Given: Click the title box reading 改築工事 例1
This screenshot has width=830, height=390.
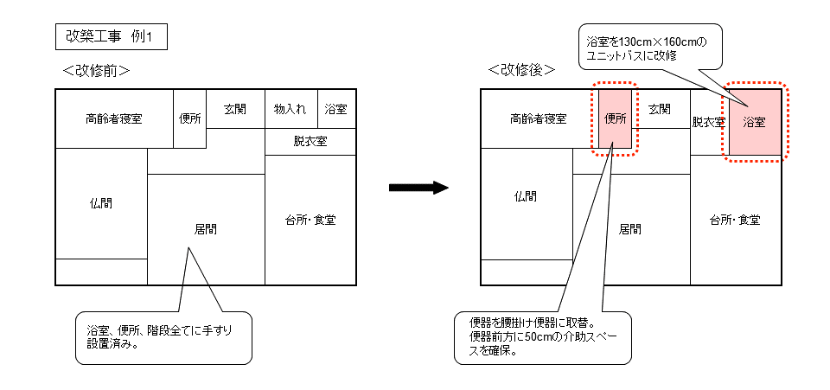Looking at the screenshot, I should pyautogui.click(x=108, y=37).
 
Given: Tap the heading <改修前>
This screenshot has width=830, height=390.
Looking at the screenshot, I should pyautogui.click(x=96, y=70).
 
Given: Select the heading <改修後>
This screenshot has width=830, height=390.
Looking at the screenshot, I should pyautogui.click(x=520, y=70).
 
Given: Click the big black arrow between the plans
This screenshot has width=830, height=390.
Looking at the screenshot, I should pyautogui.click(x=418, y=188).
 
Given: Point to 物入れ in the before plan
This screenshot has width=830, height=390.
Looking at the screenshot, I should pyautogui.click(x=290, y=110).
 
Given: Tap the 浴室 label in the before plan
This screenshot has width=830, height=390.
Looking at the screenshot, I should pyautogui.click(x=336, y=110).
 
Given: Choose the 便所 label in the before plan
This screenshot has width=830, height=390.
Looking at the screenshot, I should pyautogui.click(x=190, y=118).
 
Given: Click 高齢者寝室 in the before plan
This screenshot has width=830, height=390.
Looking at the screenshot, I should pyautogui.click(x=113, y=118).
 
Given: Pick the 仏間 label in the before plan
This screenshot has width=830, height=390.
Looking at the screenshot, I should pyautogui.click(x=100, y=204).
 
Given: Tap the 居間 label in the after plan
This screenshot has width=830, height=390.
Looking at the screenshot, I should pyautogui.click(x=630, y=229).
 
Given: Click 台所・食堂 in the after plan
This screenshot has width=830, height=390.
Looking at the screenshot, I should pyautogui.click(x=735, y=220).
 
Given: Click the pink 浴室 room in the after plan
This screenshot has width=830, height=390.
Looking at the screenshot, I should pyautogui.click(x=755, y=122).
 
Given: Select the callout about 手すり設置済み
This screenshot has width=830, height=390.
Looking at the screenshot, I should pyautogui.click(x=164, y=337).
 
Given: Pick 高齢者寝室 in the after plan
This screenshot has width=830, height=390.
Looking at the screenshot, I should pyautogui.click(x=539, y=118).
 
